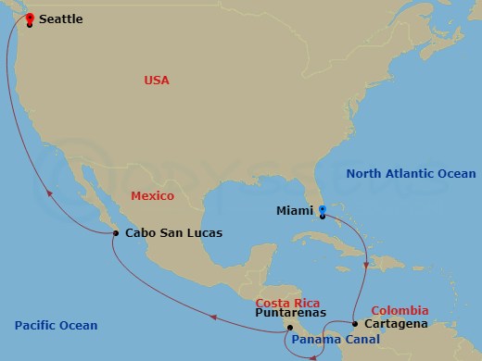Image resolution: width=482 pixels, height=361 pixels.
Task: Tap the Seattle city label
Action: coord(68,19)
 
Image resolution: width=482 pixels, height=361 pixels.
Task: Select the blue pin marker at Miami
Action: coord(323,211)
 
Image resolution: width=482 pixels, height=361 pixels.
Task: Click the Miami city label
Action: coord(294,211)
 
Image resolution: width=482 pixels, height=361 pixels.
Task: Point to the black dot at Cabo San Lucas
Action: coord(116,233)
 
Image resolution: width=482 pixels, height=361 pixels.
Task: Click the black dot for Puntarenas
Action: coord(289,327)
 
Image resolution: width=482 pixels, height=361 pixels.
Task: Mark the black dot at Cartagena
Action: coord(355,324)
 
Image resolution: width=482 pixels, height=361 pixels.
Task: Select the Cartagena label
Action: coord(396,324)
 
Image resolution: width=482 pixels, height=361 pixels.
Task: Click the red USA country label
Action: coord(156,81)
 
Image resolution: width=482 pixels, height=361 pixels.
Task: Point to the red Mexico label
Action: coord(152,196)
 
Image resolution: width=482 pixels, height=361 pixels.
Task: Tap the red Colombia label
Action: coord(400,310)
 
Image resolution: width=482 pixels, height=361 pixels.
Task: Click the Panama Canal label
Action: coord(336,341)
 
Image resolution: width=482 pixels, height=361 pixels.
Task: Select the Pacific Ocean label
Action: coord(56,325)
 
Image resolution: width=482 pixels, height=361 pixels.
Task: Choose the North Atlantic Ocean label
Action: coord(410,173)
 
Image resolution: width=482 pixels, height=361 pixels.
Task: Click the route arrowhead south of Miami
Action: coord(367,266)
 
